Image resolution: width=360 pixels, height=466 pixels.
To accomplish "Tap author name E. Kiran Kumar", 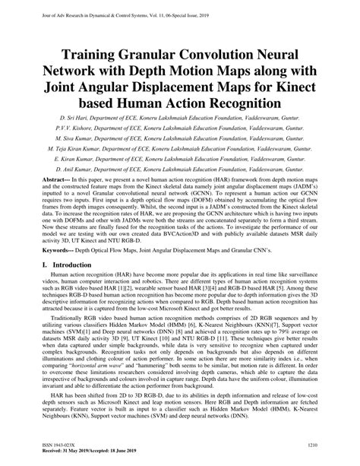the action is pyautogui.click(x=78, y=161).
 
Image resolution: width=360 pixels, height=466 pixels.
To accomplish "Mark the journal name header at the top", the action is pyautogui.click(x=114, y=5).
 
